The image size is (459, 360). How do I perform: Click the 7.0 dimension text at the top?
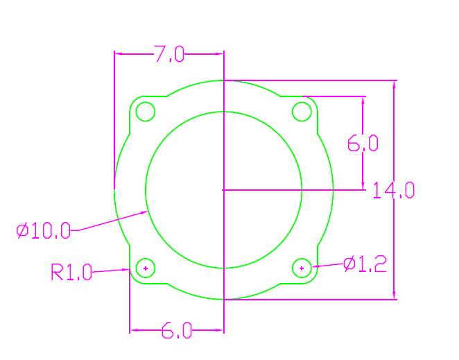168,54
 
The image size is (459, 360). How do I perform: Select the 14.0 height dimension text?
393,189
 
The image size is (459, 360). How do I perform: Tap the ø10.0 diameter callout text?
44,230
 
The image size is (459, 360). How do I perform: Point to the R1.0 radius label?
71,272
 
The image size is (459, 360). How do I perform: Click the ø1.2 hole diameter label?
365,264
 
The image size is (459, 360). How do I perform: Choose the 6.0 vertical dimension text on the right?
363,144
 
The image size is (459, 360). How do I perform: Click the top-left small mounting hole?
145,111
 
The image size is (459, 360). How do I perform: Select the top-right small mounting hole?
302,111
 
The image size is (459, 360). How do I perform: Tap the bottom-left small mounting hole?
146,267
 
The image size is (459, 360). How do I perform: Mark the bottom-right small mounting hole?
302,267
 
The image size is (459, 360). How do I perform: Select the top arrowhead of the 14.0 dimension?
395,84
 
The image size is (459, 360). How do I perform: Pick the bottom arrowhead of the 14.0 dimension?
395,296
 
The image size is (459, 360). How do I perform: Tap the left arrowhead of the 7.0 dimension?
119,53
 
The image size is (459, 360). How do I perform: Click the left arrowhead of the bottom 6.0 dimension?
134,330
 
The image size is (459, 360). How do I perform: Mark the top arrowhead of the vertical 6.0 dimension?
363,100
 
